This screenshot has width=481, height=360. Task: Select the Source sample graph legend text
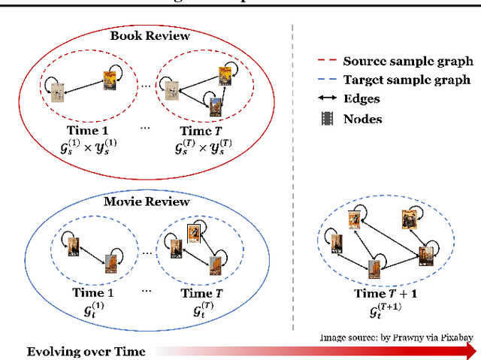coord(407,62)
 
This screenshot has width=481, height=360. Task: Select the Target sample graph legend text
coord(407,80)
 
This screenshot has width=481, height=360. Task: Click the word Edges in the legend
coord(362,98)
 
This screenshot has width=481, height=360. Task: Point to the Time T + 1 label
coord(386,293)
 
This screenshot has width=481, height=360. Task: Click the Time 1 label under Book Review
coord(82,129)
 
